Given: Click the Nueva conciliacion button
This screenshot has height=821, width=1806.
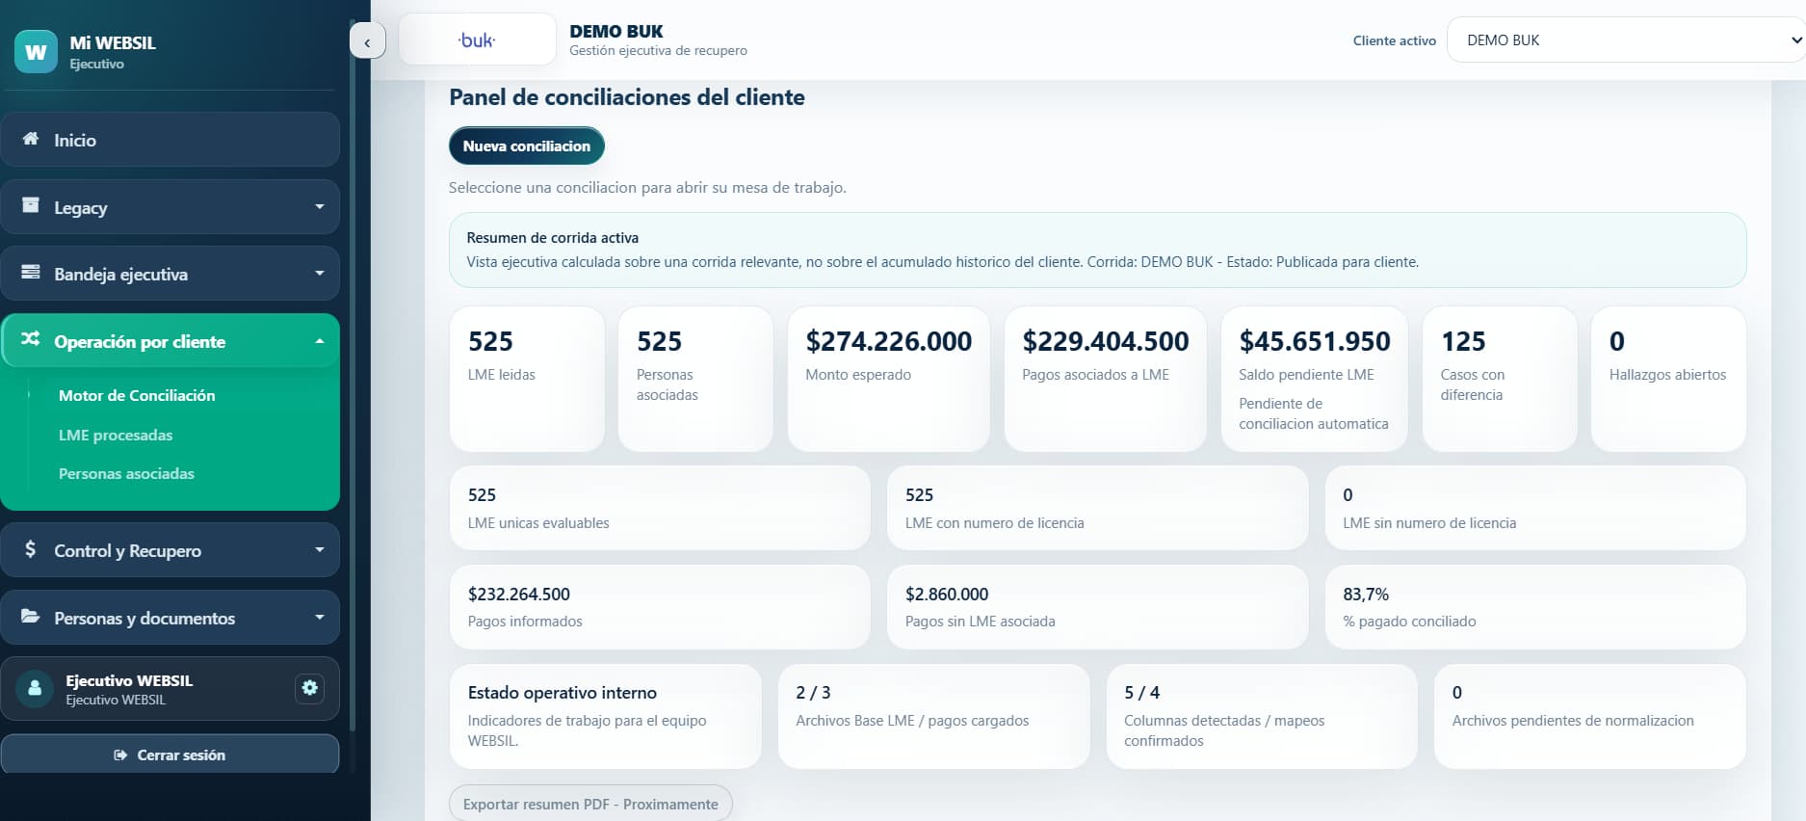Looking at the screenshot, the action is pyautogui.click(x=526, y=146).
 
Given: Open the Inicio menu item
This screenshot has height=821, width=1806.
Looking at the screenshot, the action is pyautogui.click(x=170, y=140).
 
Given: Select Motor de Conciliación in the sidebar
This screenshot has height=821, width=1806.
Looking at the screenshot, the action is pyautogui.click(x=137, y=395).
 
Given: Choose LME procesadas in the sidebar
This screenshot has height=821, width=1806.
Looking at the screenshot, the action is pyautogui.click(x=116, y=435).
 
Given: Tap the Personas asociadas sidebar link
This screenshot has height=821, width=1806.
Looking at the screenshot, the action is pyautogui.click(x=126, y=473).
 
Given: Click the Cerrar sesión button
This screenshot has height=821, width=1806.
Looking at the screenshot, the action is pyautogui.click(x=170, y=755).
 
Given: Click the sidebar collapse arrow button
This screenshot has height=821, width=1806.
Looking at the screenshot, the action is pyautogui.click(x=367, y=41).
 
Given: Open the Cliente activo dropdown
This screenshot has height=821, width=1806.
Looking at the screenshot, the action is pyautogui.click(x=1626, y=40).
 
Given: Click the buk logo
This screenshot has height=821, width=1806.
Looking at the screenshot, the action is pyautogui.click(x=477, y=40).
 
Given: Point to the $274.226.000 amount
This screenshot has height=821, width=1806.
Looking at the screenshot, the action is pyautogui.click(x=889, y=341).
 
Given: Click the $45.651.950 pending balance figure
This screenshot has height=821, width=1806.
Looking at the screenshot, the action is pyautogui.click(x=1315, y=341).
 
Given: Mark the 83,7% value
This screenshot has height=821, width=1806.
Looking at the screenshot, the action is pyautogui.click(x=1366, y=595).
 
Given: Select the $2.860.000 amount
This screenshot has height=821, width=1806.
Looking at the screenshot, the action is pyautogui.click(x=947, y=595).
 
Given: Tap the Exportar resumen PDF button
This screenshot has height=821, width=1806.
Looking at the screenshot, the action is pyautogui.click(x=590, y=804).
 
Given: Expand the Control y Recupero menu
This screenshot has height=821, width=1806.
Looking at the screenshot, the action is pyautogui.click(x=170, y=550).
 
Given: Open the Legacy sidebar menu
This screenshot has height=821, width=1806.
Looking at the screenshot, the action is pyautogui.click(x=170, y=207).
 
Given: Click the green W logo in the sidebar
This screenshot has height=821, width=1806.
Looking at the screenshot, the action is pyautogui.click(x=36, y=51).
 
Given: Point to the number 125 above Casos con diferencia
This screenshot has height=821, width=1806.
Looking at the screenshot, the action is pyautogui.click(x=1463, y=341).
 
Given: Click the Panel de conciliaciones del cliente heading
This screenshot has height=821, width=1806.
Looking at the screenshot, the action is pyautogui.click(x=627, y=97).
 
